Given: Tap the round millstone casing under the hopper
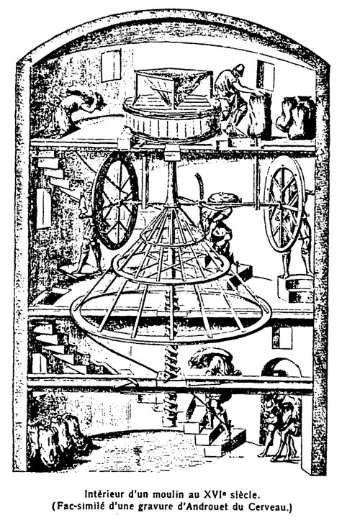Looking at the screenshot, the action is click(x=173, y=119).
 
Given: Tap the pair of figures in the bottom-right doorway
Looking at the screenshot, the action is click(x=281, y=427).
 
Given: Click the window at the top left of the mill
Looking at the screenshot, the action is click(x=111, y=65).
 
